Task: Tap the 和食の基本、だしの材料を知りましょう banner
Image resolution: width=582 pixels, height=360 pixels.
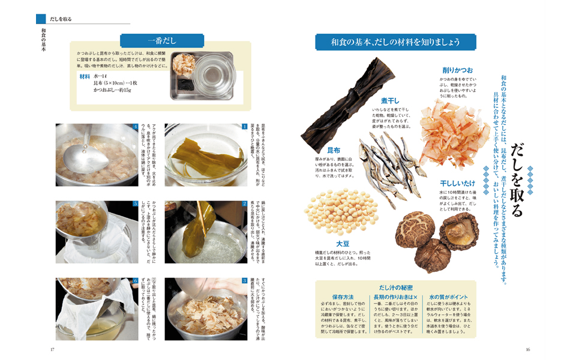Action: [x=395, y=42]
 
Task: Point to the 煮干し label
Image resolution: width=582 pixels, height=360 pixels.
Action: [x=390, y=100]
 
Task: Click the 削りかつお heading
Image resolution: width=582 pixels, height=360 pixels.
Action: [x=458, y=70]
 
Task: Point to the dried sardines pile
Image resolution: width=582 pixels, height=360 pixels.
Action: [x=384, y=162]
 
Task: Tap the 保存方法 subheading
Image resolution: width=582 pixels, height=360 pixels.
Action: [x=343, y=297]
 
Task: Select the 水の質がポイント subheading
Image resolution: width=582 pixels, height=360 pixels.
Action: [x=450, y=297]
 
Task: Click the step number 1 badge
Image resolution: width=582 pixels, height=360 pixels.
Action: [x=245, y=127]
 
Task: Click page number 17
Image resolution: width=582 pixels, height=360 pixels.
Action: [x=53, y=350]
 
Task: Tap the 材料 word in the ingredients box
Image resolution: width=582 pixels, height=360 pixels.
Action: [x=85, y=77]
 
